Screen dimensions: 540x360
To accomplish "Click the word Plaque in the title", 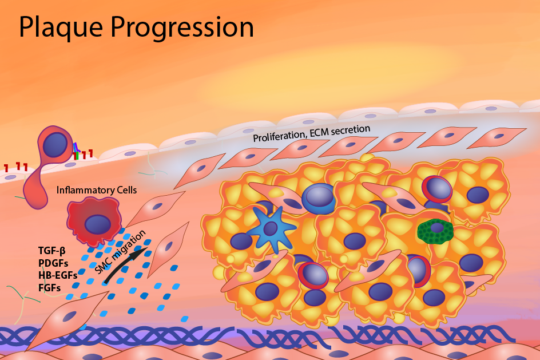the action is coord(61,27).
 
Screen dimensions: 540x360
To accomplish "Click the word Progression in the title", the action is coord(182,27).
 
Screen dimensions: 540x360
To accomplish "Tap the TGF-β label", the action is coord(52,251).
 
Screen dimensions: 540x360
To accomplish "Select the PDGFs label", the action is coord(53,263).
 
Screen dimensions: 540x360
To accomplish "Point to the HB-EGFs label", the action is coord(58,275).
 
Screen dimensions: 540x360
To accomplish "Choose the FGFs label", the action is coord(50,288).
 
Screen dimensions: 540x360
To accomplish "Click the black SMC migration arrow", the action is coord(125,263).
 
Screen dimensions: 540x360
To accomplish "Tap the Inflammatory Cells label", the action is coord(97,190).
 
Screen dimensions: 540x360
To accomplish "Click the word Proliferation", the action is coord(279,136).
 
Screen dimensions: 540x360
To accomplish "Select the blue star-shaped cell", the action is coord(272,230).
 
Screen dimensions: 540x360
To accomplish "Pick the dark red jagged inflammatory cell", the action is coord(94,220).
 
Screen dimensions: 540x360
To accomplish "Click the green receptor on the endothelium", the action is coord(77,156).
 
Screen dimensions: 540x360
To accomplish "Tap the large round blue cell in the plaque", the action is coord(319,199).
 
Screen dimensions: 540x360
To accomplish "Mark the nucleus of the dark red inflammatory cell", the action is coord(98,224).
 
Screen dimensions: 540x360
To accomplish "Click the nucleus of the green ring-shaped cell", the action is coord(436,228).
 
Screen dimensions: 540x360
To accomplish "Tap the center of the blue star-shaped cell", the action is coord(271,228).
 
